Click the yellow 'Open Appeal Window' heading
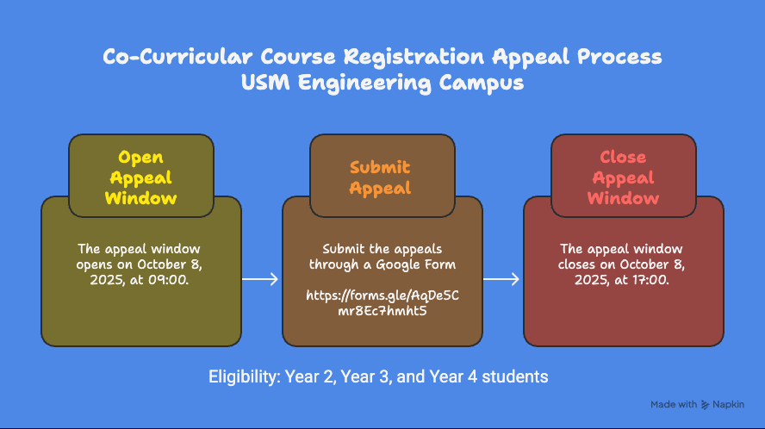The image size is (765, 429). pos(140,177)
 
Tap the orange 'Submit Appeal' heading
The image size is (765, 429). pos(379,177)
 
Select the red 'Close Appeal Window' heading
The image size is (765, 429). pos(623,177)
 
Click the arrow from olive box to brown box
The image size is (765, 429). pos(259,278)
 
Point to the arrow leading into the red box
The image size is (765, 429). pos(501,278)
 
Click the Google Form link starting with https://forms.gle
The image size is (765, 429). pos(382,302)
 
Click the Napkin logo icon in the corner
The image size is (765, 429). pos(706,404)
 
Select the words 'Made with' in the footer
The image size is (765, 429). pos(674,404)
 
